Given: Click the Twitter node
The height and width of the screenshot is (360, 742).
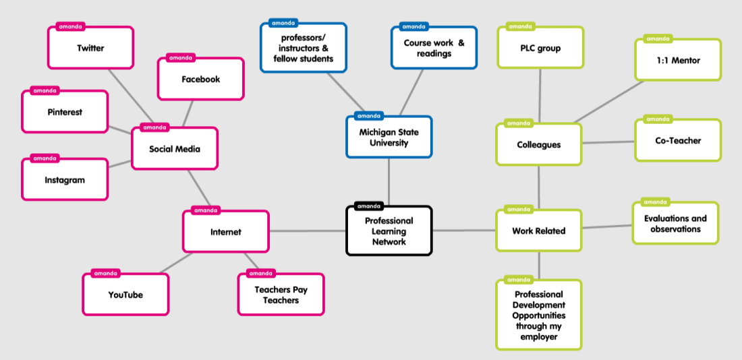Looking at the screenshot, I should click(x=90, y=48).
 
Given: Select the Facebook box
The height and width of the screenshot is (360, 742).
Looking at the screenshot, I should click(x=200, y=79).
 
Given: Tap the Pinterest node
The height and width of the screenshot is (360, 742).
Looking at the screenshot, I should click(x=65, y=112).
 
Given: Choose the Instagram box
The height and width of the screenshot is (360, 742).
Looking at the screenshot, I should click(x=65, y=180).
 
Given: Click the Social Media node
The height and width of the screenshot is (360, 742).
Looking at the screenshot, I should click(x=175, y=149).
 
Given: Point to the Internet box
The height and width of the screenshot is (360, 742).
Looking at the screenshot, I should click(x=225, y=232).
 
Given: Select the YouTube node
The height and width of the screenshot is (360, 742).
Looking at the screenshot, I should click(x=125, y=295).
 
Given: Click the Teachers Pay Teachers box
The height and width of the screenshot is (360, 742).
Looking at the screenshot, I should click(x=281, y=295).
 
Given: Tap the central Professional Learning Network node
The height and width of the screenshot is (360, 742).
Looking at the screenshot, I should click(x=389, y=231).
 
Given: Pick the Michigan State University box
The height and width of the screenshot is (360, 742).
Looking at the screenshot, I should click(x=389, y=138).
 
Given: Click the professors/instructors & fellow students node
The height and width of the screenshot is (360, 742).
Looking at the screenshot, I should click(x=304, y=48).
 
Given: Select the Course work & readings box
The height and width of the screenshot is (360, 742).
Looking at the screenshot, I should click(x=434, y=48).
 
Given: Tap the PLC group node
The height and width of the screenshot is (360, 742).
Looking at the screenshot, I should click(x=540, y=48).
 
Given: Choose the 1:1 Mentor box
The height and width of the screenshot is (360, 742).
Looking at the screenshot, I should click(x=678, y=61).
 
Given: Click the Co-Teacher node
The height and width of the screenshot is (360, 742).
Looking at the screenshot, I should click(x=678, y=141).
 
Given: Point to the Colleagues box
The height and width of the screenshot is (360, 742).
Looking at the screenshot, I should click(x=538, y=144).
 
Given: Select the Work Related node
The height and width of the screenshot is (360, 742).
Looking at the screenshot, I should click(x=538, y=231).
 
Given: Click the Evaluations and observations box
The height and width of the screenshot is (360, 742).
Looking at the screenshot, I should click(x=675, y=224).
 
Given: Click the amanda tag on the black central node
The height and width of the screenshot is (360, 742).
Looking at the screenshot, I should click(x=368, y=206).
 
